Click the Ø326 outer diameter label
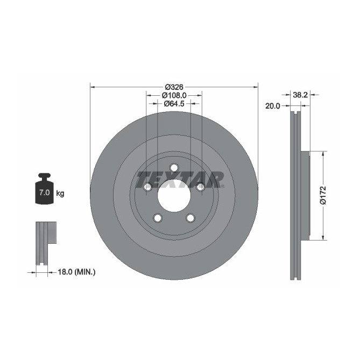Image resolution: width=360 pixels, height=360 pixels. (174, 87)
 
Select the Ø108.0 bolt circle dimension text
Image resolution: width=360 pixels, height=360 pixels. (174, 95)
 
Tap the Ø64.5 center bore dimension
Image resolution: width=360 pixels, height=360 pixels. (174, 103)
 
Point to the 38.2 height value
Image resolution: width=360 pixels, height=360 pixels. (300, 95)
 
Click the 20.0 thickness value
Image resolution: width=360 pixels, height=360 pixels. (273, 106)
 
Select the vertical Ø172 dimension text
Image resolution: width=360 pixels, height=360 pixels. (323, 195)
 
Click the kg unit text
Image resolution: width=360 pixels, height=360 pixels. (60, 193)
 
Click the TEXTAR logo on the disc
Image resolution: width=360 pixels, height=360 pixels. (180, 179)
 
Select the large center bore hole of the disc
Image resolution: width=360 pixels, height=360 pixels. (174, 197)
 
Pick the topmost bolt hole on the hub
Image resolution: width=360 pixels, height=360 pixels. (174, 168)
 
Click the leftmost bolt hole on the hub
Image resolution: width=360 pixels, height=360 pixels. (147, 187)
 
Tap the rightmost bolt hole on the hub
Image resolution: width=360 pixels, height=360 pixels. (200, 187)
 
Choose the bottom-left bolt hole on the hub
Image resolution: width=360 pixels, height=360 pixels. (158, 218)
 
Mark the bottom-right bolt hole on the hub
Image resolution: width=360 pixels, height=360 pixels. (190, 218)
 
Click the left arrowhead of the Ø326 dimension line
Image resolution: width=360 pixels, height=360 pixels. (92, 87)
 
